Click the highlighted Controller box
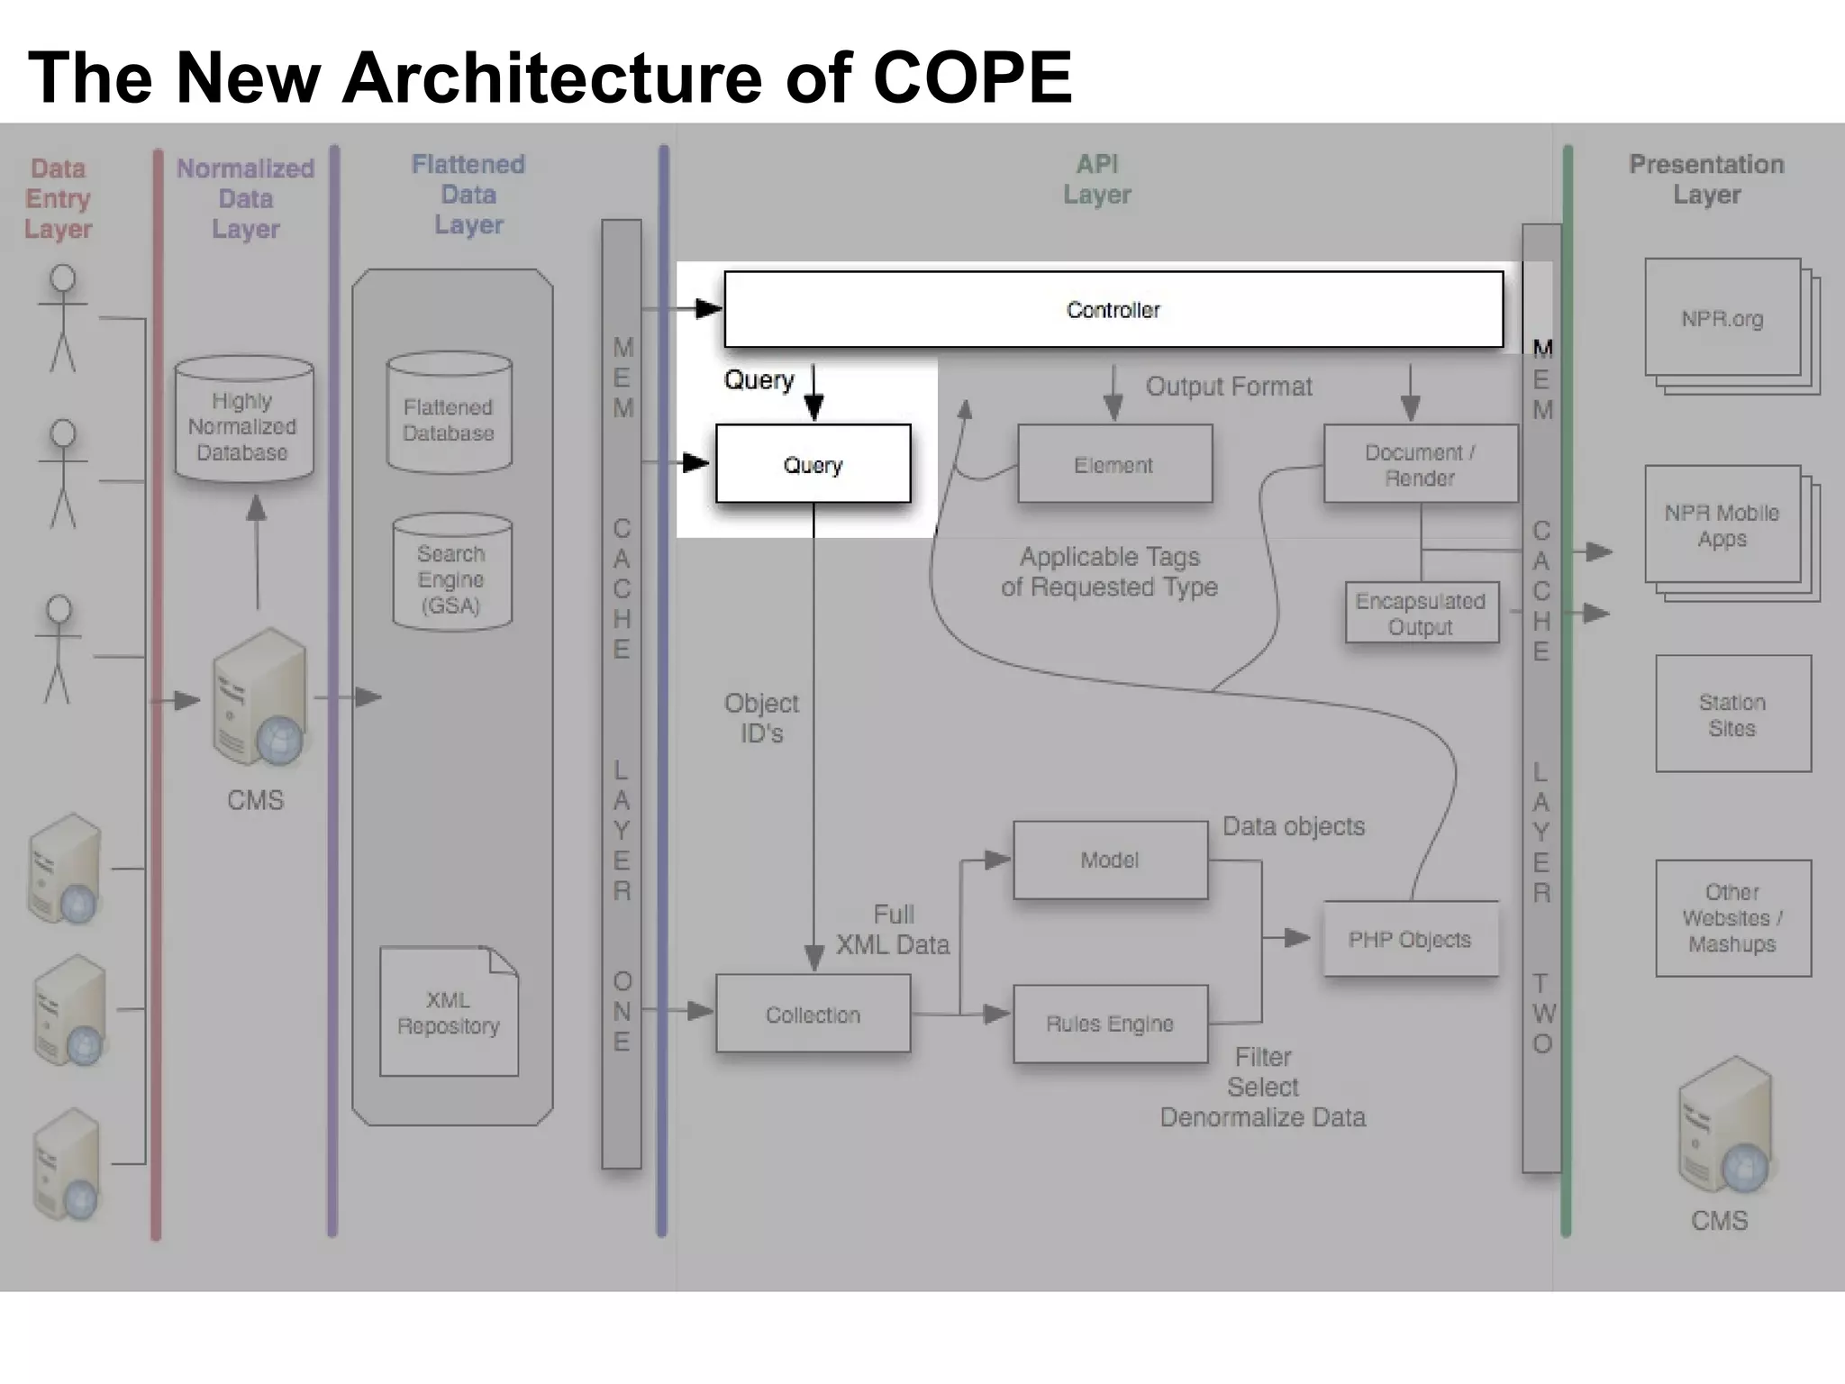point(1113,310)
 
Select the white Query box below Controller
point(813,464)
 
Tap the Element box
point(1114,464)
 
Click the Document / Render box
point(1420,464)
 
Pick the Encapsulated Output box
point(1421,614)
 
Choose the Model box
point(1110,860)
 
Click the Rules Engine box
point(1110,1024)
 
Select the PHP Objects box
point(1410,940)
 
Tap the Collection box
point(813,1015)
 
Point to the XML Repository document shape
point(449,1013)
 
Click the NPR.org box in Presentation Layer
point(1722,319)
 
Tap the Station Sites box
point(1732,715)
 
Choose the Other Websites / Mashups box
point(1732,918)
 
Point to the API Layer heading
point(1096,179)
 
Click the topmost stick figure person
point(62,317)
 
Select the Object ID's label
point(761,718)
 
